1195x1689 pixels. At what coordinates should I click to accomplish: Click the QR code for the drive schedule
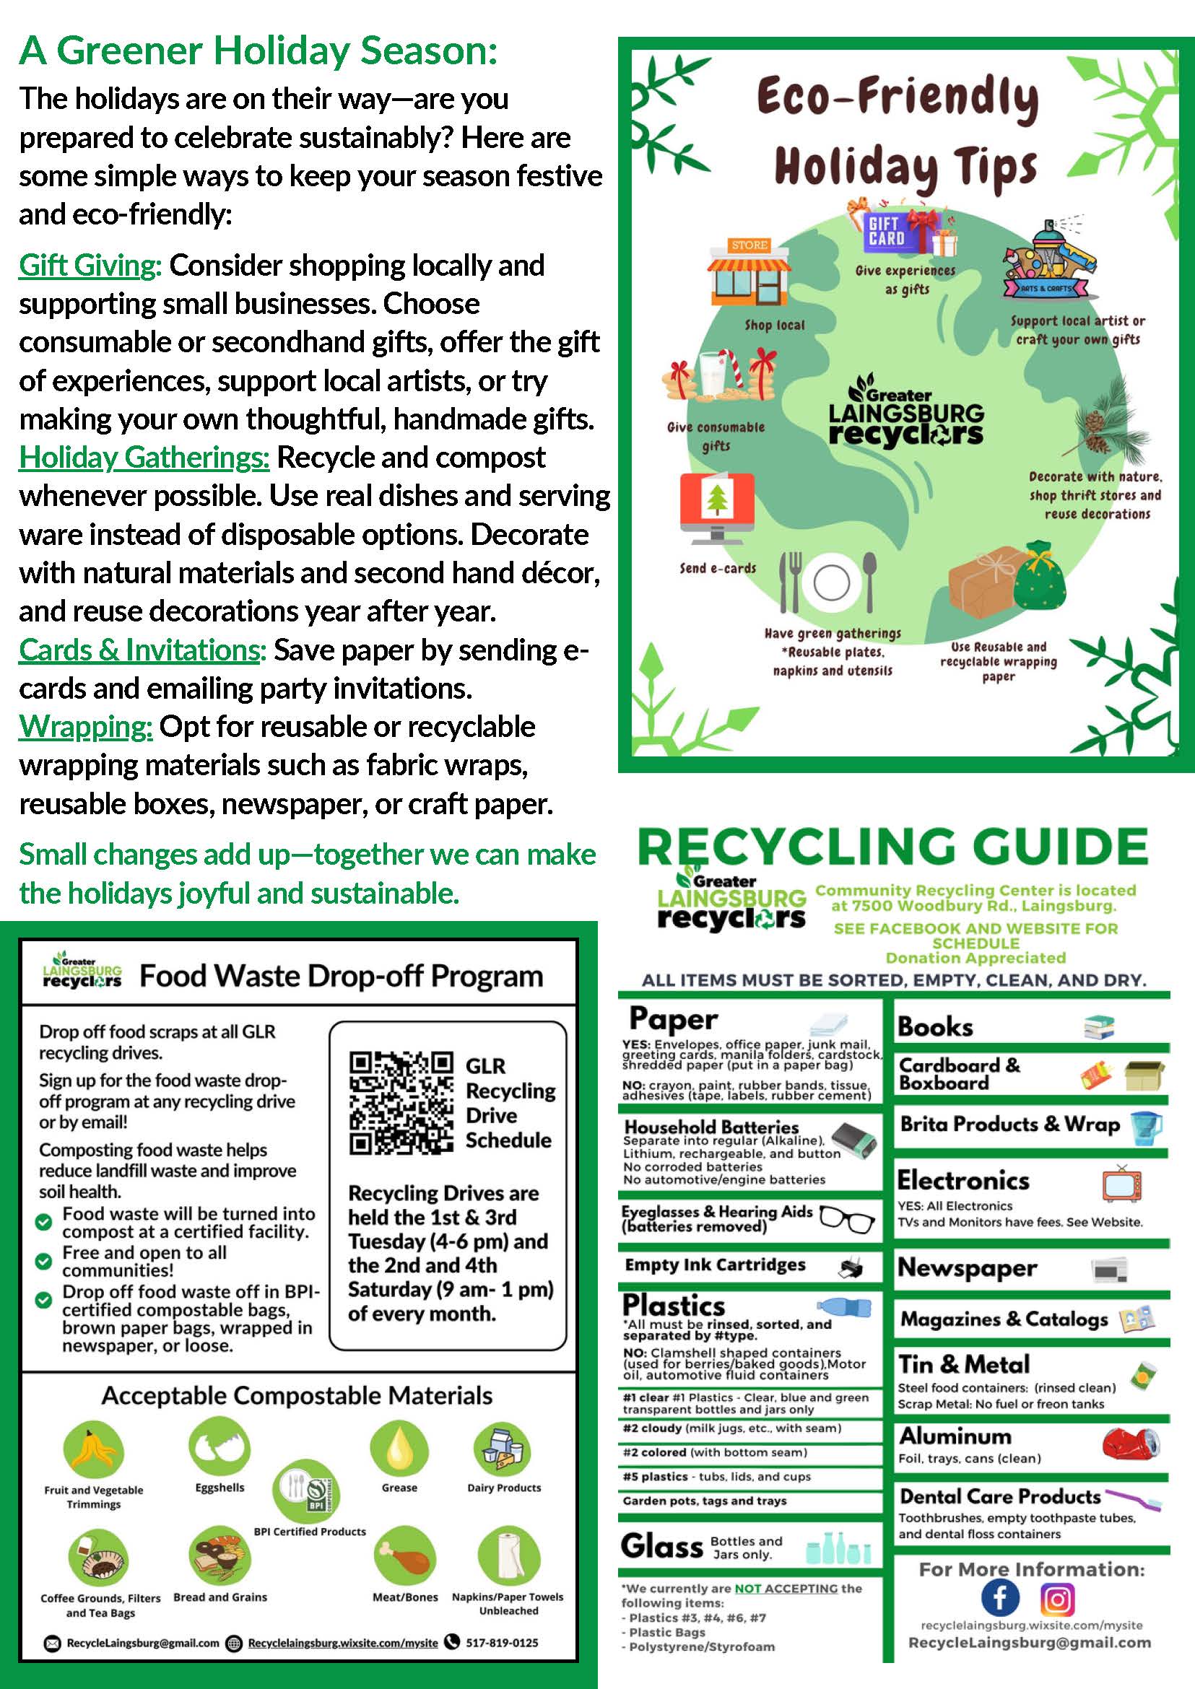pyautogui.click(x=400, y=1102)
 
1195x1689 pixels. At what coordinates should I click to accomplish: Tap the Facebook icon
pyautogui.click(x=1000, y=1599)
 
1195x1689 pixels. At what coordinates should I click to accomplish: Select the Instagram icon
pyautogui.click(x=1056, y=1599)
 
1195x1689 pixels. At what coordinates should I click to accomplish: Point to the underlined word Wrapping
pyautogui.click(x=85, y=727)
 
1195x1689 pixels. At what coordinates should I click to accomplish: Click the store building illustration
pyautogui.click(x=748, y=273)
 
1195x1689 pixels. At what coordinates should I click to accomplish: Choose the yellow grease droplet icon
pyautogui.click(x=399, y=1446)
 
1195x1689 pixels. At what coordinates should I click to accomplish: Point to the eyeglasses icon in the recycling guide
pyautogui.click(x=846, y=1220)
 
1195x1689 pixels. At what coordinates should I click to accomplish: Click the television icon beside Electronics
pyautogui.click(x=1121, y=1184)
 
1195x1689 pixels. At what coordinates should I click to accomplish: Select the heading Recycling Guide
pyautogui.click(x=892, y=847)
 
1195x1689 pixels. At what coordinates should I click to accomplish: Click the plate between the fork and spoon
pyautogui.click(x=832, y=582)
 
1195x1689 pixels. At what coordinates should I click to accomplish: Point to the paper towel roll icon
pyautogui.click(x=508, y=1556)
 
